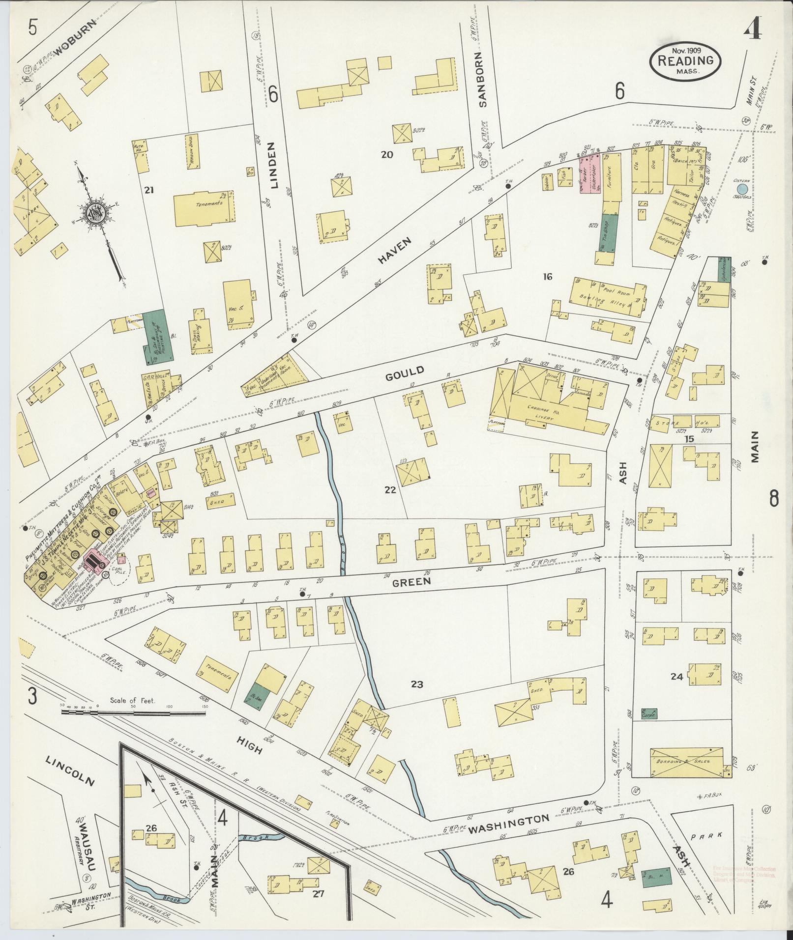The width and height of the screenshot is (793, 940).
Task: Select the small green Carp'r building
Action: tap(649, 713)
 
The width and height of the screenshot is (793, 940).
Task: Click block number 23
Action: tap(417, 684)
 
